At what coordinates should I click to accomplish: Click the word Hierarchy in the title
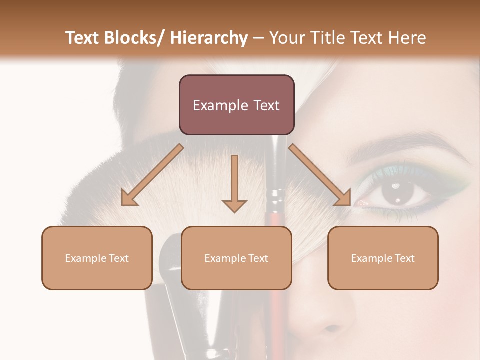coord(209,38)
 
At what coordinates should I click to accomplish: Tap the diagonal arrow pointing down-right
coord(319,175)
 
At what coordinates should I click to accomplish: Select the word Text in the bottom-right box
coord(404,258)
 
